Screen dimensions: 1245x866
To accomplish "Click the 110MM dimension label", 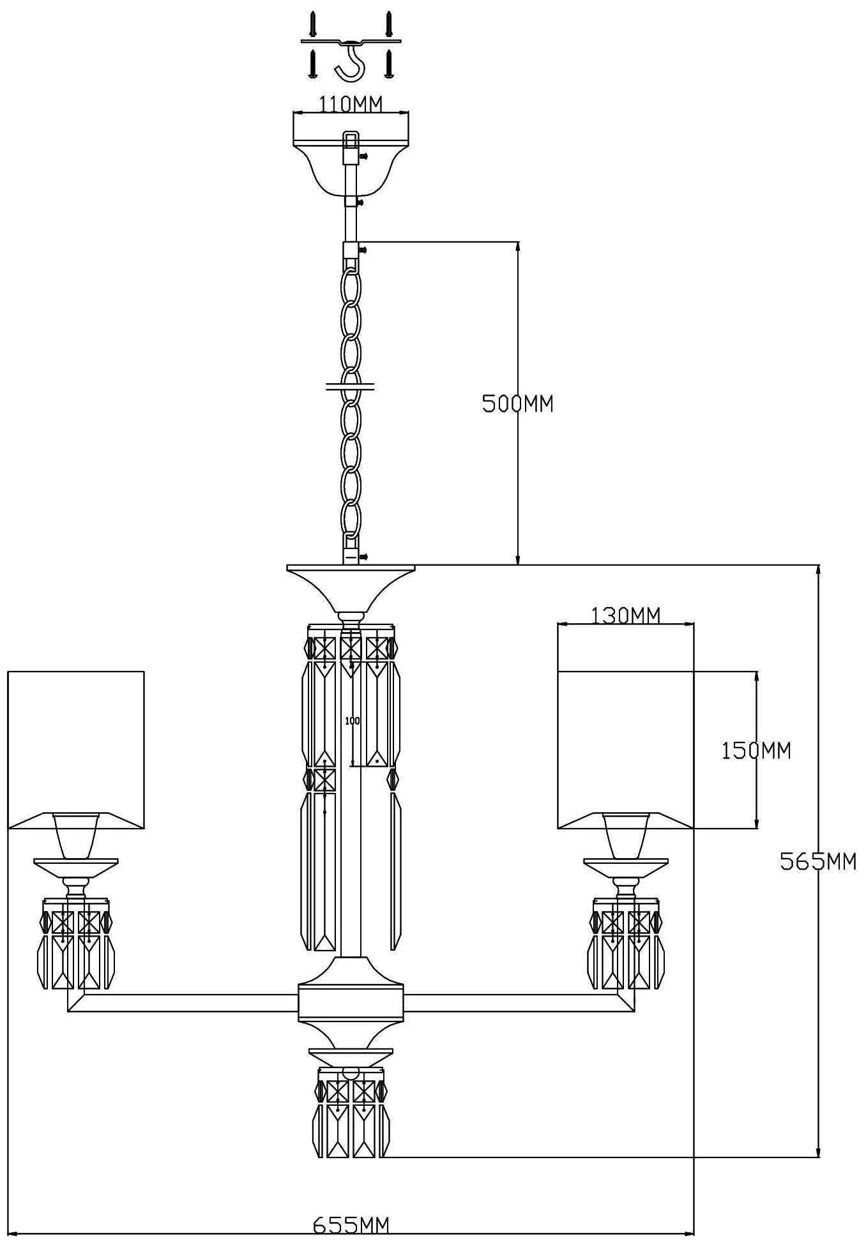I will click(x=350, y=104).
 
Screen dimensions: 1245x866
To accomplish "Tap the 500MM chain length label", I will click(x=517, y=404).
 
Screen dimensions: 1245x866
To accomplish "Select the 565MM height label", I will click(x=817, y=861).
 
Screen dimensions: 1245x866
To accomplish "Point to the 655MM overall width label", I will click(x=351, y=1225).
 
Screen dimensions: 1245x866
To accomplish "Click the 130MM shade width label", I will click(x=625, y=615).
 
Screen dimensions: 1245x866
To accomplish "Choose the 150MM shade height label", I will click(x=756, y=750).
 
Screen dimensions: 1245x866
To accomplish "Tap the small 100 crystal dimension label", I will click(x=353, y=721).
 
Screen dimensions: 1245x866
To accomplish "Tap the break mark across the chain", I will click(x=351, y=386).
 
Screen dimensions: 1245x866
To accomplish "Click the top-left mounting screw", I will click(x=313, y=24).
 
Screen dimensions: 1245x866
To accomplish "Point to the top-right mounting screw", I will click(x=388, y=24).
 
